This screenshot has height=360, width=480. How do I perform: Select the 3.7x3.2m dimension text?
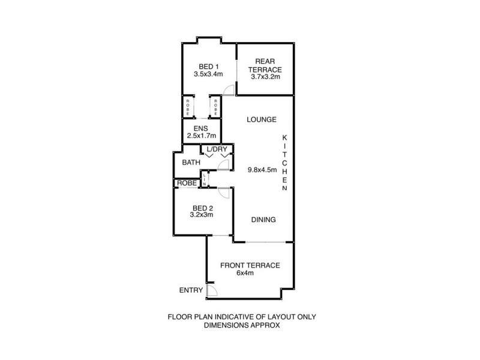coord(265,77)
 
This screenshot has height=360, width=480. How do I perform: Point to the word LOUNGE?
coord(262,119)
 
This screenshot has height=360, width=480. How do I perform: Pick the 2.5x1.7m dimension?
coord(200,136)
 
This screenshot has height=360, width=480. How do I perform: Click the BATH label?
coord(191,162)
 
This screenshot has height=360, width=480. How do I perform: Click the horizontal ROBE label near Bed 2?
coord(185,183)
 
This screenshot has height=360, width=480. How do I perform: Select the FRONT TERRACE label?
coord(250,266)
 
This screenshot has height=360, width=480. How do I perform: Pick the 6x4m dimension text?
coord(250,274)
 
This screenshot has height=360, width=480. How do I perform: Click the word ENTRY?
coord(191,290)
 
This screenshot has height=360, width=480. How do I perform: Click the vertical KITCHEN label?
coord(286,163)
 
